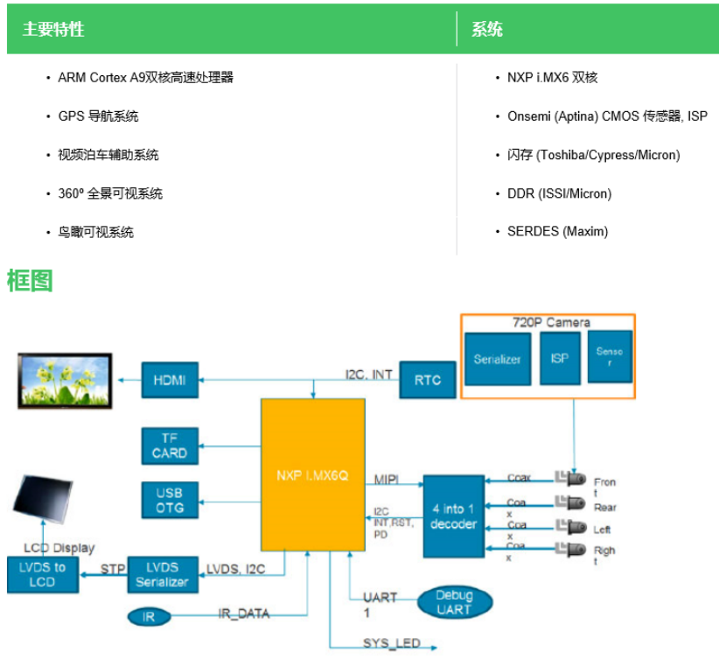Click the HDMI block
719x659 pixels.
point(169,380)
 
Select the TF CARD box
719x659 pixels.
point(169,445)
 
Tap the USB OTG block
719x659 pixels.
point(169,500)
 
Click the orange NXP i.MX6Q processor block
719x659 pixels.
point(312,475)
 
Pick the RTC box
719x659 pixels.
point(428,380)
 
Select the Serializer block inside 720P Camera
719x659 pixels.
point(498,359)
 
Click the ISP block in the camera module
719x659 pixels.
point(560,357)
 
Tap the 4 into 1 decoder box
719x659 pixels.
point(453,516)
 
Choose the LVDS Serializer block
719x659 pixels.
point(162,574)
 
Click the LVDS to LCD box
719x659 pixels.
point(42,575)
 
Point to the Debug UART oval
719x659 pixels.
point(453,601)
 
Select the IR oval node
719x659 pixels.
point(149,616)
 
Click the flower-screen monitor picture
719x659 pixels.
point(66,379)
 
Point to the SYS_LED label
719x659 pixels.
point(392,643)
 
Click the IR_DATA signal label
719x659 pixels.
point(243,614)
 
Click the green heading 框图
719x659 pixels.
point(30,281)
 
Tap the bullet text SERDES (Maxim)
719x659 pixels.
point(557,232)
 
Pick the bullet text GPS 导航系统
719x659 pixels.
point(98,116)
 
